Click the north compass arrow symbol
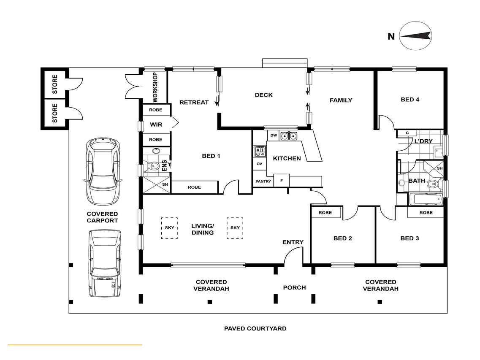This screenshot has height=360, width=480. tap(415, 36)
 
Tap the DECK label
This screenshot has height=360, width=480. tap(263, 95)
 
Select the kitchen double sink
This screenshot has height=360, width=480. tap(289, 135)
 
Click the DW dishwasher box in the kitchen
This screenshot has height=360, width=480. tap(274, 135)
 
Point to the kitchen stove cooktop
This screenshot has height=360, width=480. tap(260, 151)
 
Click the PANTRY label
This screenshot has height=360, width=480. tap(263, 181)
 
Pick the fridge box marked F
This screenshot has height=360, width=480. tap(281, 181)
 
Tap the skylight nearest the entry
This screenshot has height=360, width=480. tap(235, 228)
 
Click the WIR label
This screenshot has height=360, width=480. tap(156, 125)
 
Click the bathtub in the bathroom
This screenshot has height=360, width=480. tap(426, 199)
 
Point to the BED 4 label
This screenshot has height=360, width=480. tap(410, 100)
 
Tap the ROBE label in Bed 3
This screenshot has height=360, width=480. tap(426, 212)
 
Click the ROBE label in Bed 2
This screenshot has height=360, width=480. tap(325, 212)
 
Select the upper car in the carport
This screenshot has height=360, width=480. tap(103, 171)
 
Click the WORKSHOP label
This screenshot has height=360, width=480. tap(155, 87)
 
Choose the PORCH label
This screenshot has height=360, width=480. tap(295, 288)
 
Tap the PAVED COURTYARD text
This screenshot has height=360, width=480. tap(255, 328)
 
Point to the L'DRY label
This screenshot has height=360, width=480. tap(423, 141)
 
